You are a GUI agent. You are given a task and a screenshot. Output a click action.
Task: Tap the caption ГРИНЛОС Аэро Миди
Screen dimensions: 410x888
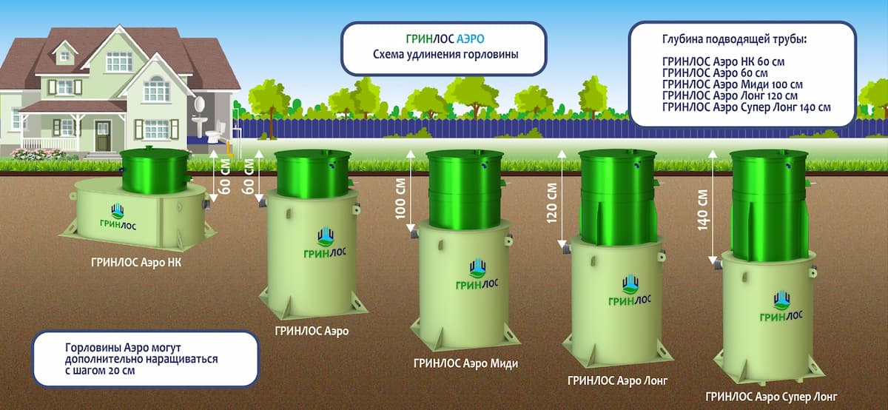click(x=465, y=363)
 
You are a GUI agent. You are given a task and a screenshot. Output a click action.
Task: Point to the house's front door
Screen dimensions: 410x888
click(x=102, y=137)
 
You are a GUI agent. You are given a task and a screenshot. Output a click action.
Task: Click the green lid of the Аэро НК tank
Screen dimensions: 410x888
click(x=154, y=170)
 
